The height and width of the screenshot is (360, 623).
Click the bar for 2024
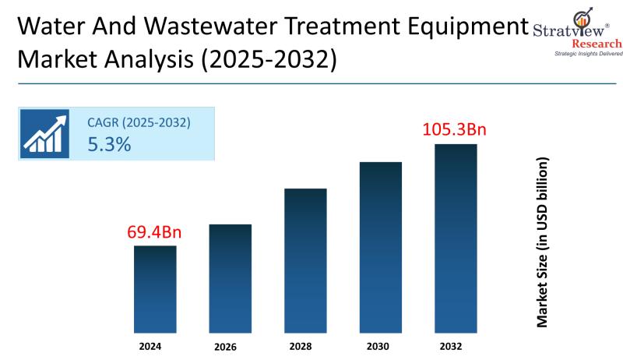[155, 289]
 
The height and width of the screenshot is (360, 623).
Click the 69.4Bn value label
[155, 232]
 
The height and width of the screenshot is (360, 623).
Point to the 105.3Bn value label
[455, 129]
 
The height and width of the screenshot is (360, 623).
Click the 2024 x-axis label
[155, 344]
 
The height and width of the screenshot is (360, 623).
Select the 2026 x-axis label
[230, 345]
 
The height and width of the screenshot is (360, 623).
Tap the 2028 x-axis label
[305, 344]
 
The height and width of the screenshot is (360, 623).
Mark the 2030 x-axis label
[380, 344]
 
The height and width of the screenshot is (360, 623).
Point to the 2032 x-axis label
[456, 344]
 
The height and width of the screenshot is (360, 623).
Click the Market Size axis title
[543, 242]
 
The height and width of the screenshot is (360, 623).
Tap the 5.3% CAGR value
[109, 145]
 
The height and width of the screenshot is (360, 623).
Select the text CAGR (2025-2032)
[139, 122]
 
